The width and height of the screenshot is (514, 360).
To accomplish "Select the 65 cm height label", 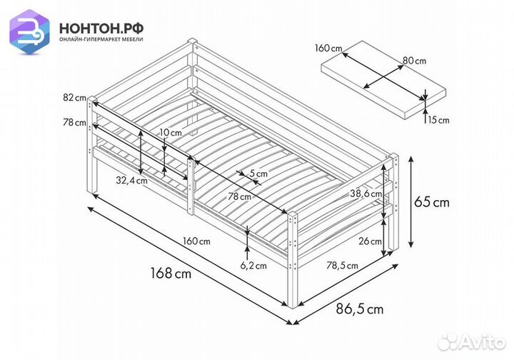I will [x=433, y=202].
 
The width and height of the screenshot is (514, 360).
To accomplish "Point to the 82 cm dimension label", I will [x=74, y=97].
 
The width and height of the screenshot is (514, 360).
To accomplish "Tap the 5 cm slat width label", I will [x=258, y=173].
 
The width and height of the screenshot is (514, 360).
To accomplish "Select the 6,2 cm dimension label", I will [x=252, y=266].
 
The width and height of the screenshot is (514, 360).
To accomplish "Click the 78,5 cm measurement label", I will [x=343, y=266].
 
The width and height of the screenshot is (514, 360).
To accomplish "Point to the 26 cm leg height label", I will [x=370, y=241].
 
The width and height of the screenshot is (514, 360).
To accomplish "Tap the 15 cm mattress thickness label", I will [x=439, y=119].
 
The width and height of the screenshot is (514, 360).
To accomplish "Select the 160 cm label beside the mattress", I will [x=328, y=49].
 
